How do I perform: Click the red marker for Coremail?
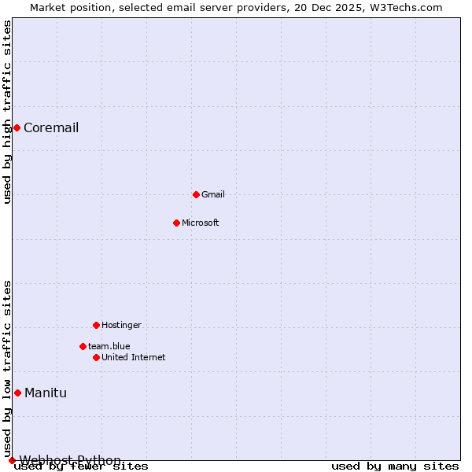17,128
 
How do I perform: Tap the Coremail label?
51,128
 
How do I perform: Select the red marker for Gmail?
196,194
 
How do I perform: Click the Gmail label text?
213,194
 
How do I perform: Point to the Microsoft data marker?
176,223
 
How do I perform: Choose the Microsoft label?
200,223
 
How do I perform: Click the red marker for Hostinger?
96,325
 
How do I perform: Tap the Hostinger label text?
121,325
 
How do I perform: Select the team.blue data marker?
83,346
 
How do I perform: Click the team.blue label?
109,346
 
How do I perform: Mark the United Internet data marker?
96,357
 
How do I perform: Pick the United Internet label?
133,357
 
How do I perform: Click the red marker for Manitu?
17,393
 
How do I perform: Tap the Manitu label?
46,393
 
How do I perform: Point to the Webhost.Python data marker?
12,460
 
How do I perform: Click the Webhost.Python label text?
70,460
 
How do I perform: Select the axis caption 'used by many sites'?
395,466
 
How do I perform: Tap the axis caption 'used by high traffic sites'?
8,112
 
